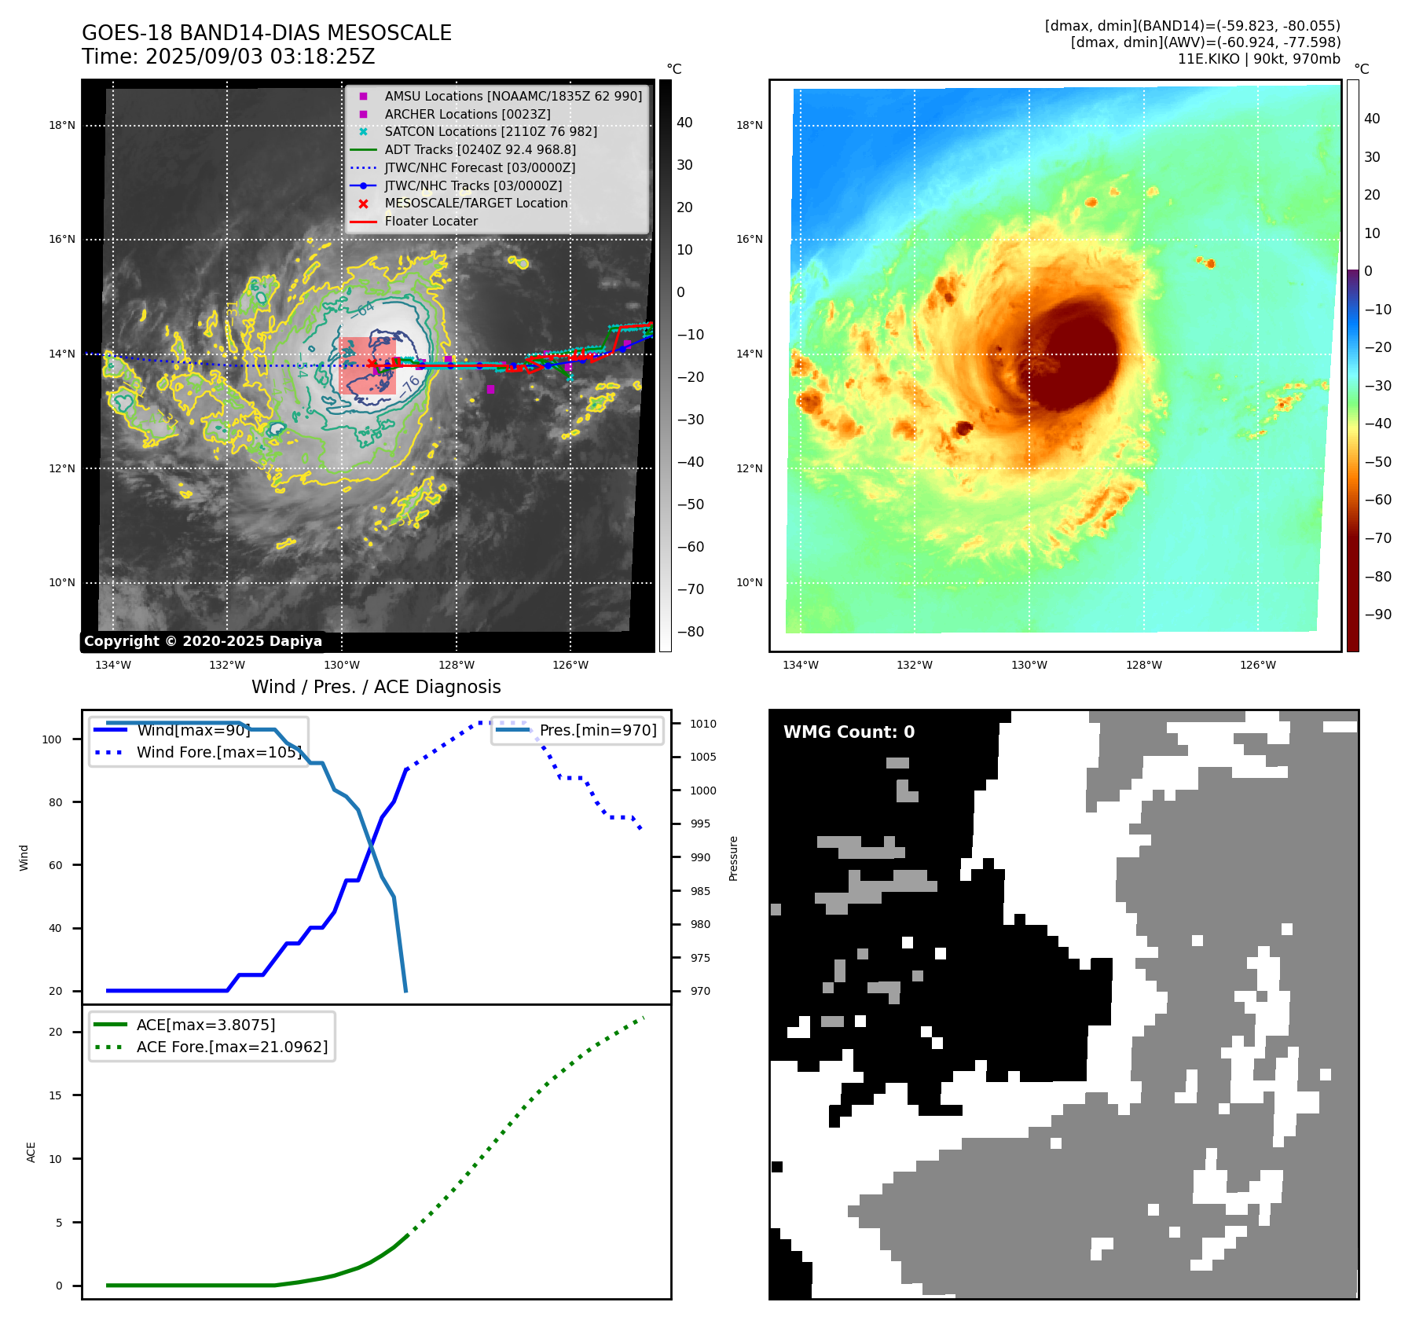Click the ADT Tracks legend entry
[x=479, y=149]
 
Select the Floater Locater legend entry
[x=431, y=221]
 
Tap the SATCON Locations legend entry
[x=490, y=131]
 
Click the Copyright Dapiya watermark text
[x=203, y=641]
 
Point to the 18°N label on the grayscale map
[x=62, y=125]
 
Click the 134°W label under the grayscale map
[x=113, y=665]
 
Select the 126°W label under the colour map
[x=1257, y=665]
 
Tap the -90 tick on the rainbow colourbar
[x=1377, y=614]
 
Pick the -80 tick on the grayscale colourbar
[x=691, y=632]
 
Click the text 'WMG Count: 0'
[x=849, y=732]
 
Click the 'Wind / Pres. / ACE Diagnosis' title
[x=376, y=687]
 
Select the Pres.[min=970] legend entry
[x=597, y=730]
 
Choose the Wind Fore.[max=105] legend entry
[x=218, y=752]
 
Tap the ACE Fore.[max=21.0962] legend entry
[x=232, y=1047]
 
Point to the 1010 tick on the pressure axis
[x=703, y=724]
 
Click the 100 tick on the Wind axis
[x=52, y=739]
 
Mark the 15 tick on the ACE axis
[x=55, y=1095]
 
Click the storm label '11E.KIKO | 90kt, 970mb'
[x=1259, y=59]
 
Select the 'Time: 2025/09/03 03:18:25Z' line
[x=228, y=57]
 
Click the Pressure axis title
[x=733, y=858]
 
